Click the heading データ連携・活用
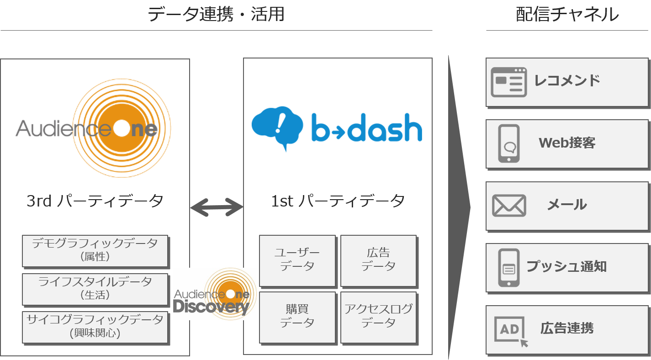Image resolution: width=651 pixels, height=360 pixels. pos(216,15)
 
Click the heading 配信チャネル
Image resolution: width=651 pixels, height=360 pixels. pos(567,15)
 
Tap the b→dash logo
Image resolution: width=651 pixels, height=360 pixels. pos(338,129)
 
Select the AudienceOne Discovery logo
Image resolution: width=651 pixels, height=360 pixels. pos(215,294)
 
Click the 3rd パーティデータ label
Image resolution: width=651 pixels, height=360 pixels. pos(95,201)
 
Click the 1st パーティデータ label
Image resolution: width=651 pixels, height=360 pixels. pos(338,201)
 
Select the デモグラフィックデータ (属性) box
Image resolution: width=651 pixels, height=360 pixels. pos(95,250)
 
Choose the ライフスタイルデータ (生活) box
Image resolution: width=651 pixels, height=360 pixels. pos(95,289)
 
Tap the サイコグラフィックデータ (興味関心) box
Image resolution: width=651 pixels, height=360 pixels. pos(95,327)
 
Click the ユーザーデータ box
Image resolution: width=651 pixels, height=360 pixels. pos(297,260)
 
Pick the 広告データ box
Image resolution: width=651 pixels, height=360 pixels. pos(378,260)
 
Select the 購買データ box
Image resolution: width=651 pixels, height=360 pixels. pos(297,317)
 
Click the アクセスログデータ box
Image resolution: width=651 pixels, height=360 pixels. pos(378,317)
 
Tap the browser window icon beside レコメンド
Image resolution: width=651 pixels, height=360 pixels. pos(508,82)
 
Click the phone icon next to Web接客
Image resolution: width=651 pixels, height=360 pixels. pos(509,143)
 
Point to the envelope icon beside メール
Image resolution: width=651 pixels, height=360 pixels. pos(509,206)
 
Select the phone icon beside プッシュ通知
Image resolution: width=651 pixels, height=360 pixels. pos(509,268)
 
